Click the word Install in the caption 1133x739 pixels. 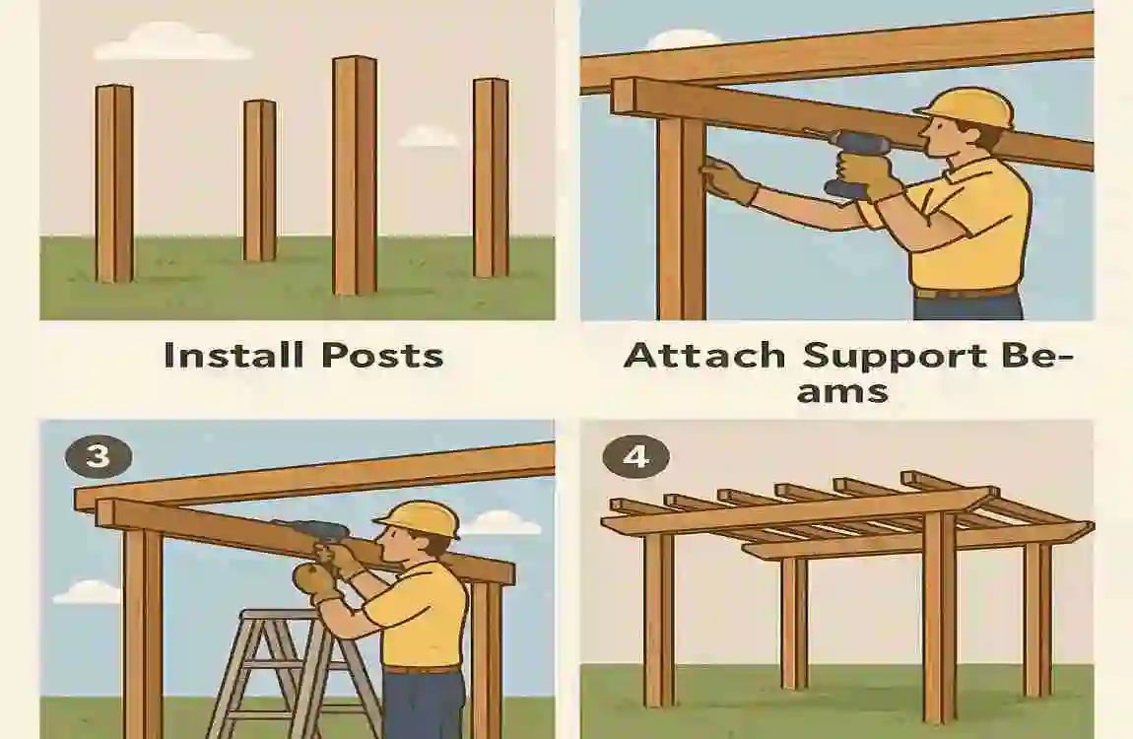point(231,355)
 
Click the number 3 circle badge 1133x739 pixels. point(98,458)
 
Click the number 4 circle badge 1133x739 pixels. point(637,457)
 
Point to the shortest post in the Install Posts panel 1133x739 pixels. point(260,179)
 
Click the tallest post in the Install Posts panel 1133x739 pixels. point(355,174)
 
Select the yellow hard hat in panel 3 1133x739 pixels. point(419,518)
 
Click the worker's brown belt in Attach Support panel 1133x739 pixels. point(966,292)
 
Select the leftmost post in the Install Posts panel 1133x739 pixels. point(114,183)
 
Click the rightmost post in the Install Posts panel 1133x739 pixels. point(491,177)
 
